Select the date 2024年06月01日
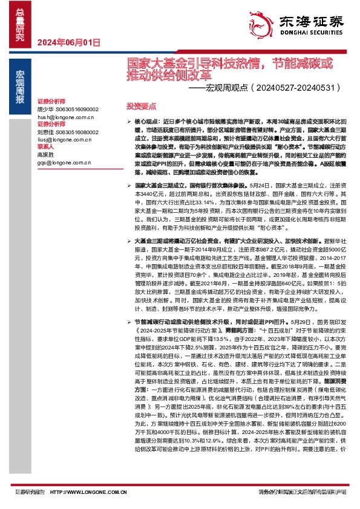point(68,42)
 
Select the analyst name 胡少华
point(46,109)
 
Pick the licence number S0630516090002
point(77,109)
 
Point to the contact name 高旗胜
point(46,155)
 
